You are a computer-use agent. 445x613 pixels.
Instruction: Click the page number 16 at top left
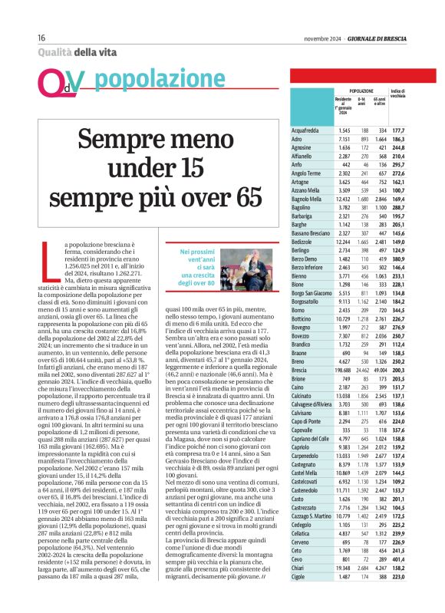41,38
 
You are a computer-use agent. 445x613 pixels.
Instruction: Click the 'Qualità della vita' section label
74,52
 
